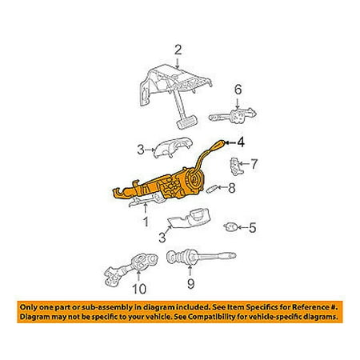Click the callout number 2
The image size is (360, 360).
point(178,50)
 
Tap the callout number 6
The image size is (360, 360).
point(238,90)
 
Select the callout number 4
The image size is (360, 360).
point(241,142)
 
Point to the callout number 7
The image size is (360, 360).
point(254,163)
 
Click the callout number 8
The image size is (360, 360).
point(232,188)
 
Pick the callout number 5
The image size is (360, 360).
point(252,228)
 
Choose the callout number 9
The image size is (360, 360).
point(190,284)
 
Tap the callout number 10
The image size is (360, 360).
point(139,288)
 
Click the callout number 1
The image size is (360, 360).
point(146,221)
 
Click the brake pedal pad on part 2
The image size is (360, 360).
point(186,123)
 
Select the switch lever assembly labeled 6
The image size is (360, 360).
point(233,115)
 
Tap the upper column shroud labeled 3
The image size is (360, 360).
point(173,147)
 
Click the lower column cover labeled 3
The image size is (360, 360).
point(190,218)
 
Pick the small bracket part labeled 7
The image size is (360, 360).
point(234,166)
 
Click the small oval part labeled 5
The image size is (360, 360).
point(230,227)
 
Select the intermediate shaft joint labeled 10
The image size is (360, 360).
point(130,270)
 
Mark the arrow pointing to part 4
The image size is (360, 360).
point(230,143)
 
